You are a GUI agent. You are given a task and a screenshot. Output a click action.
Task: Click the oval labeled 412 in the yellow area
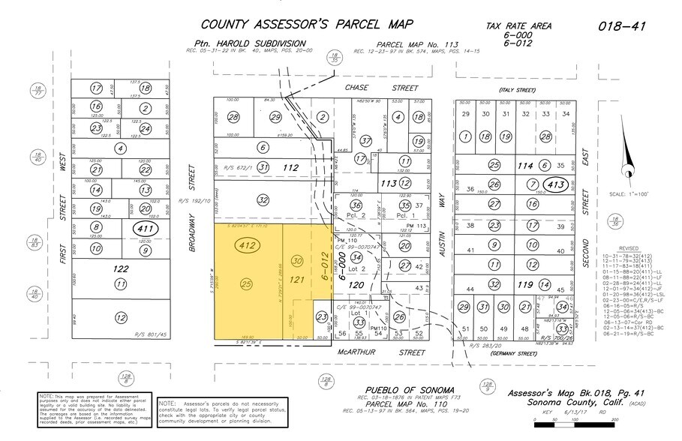pos(247,244)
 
